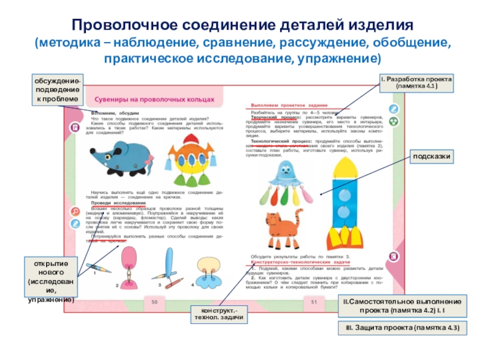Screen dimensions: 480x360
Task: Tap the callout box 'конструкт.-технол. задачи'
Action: (x=218, y=313)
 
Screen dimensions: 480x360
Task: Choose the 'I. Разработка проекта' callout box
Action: (x=416, y=83)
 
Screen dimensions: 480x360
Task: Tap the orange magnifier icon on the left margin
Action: (x=75, y=211)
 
